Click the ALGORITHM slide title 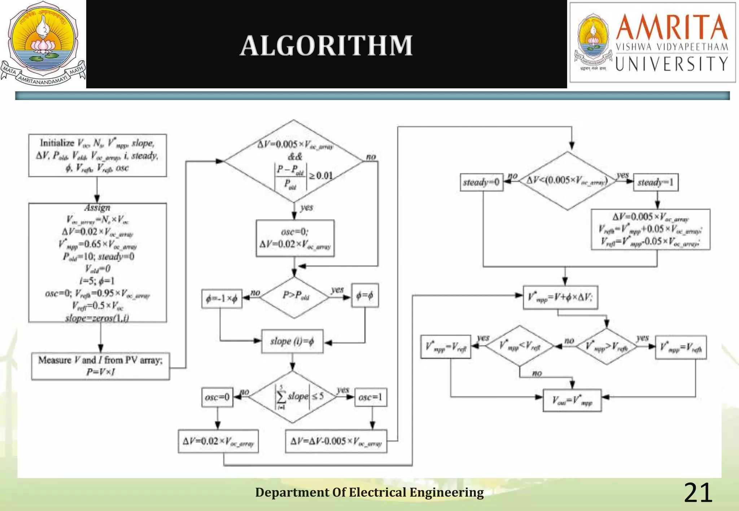tap(327, 46)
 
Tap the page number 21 tap(698, 493)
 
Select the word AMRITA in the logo tap(672, 27)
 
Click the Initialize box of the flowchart tap(97, 155)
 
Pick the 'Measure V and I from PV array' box tap(100, 366)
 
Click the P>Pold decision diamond tap(295, 297)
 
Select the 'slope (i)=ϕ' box tap(292, 341)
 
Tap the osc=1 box tap(371, 397)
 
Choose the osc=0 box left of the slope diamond tap(217, 397)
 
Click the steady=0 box tap(481, 182)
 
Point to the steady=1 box tap(656, 182)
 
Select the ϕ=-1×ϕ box tap(222, 299)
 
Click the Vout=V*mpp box tap(572, 400)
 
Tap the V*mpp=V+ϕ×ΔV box tap(560, 297)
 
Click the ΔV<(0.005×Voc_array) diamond tap(567, 181)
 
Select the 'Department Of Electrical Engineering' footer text tap(369, 492)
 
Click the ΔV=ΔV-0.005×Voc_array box tap(336, 441)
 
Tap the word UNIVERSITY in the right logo tap(672, 64)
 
